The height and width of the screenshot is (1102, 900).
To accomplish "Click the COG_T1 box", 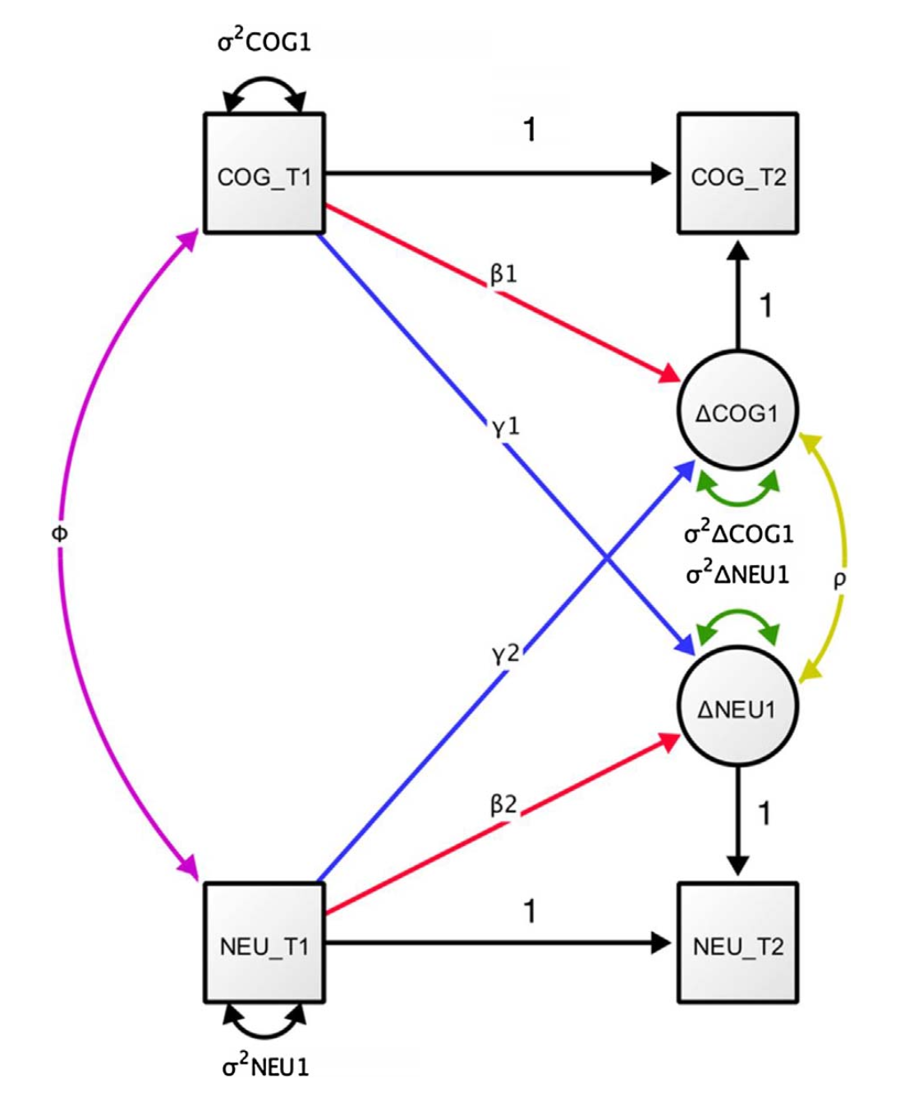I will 264,174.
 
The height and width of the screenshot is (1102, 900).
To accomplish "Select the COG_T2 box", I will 737,174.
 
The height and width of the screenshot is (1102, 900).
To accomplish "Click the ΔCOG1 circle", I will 737,412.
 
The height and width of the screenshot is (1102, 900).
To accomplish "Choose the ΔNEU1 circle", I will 737,708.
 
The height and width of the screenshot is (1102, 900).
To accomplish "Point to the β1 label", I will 503,274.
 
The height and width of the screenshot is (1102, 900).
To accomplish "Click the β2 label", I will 503,805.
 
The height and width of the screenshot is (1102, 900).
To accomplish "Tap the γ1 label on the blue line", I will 505,428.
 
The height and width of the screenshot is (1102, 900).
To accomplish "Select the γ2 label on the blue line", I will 505,654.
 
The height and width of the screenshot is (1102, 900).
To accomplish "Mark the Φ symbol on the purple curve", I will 59,534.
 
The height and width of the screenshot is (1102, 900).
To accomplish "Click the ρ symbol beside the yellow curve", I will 839,580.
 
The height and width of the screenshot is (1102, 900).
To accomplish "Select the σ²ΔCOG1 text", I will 738,534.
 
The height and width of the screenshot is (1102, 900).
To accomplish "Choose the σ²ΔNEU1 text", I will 737,573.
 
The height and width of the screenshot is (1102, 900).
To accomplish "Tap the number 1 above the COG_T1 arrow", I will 530,129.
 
